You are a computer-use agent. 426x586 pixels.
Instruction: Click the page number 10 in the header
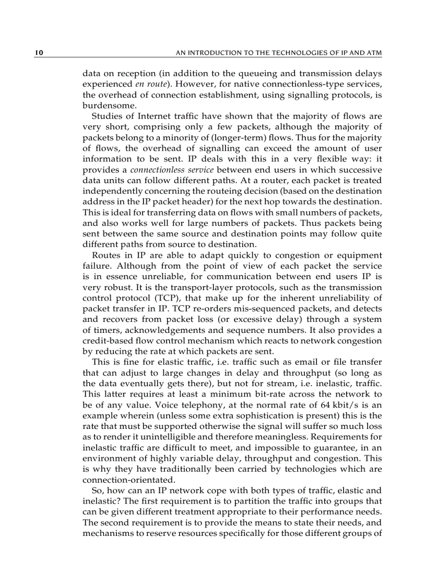[x=39, y=53]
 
